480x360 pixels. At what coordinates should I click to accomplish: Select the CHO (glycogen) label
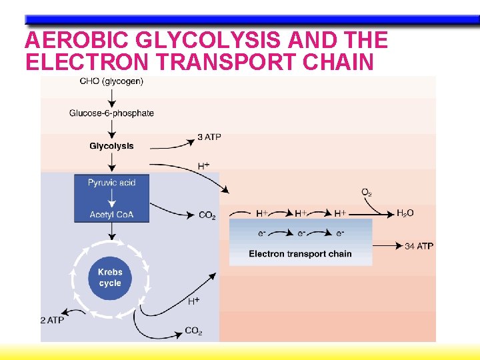[x=111, y=81]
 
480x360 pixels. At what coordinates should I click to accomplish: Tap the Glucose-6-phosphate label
[x=111, y=113]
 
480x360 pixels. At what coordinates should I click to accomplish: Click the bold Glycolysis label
[x=111, y=146]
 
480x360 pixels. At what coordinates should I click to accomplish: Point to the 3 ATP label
[x=209, y=137]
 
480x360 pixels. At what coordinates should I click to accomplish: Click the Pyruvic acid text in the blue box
[x=111, y=183]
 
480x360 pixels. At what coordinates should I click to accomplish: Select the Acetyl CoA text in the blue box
[x=111, y=214]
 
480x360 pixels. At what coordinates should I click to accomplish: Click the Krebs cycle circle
[x=110, y=277]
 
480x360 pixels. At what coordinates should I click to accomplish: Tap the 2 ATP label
[x=53, y=320]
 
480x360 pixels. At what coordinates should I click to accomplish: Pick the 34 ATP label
[x=419, y=246]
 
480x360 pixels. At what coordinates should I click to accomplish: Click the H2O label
[x=405, y=213]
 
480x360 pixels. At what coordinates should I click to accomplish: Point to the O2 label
[x=367, y=193]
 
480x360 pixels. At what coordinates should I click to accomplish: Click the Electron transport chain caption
[x=300, y=254]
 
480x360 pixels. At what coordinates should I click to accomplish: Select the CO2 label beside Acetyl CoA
[x=207, y=215]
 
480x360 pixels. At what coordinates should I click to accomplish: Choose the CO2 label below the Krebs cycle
[x=193, y=331]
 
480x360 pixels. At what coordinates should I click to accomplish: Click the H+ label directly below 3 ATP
[x=204, y=165]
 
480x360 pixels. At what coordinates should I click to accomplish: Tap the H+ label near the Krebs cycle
[x=193, y=301]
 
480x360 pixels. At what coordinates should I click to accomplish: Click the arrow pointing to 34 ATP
[x=387, y=245]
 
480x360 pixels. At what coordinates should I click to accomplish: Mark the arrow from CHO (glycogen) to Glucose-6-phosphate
[x=111, y=97]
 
